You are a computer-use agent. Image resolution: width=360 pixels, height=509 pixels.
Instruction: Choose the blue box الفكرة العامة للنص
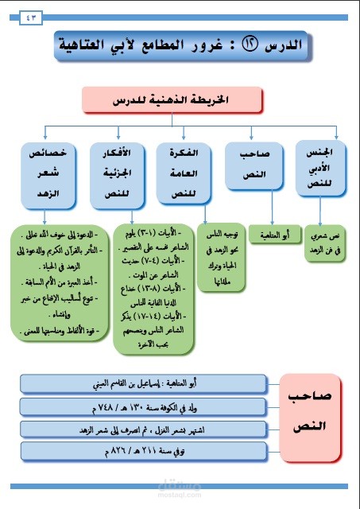[x=184, y=171]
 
